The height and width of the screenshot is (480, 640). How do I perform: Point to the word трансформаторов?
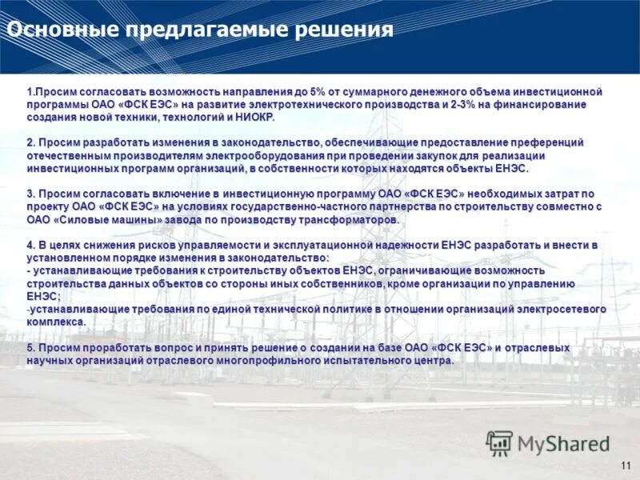(x=350, y=220)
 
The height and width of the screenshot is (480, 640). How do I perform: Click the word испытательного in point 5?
(x=371, y=361)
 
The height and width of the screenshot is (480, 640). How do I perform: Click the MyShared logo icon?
(x=499, y=442)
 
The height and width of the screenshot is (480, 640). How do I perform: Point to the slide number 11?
(x=626, y=466)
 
